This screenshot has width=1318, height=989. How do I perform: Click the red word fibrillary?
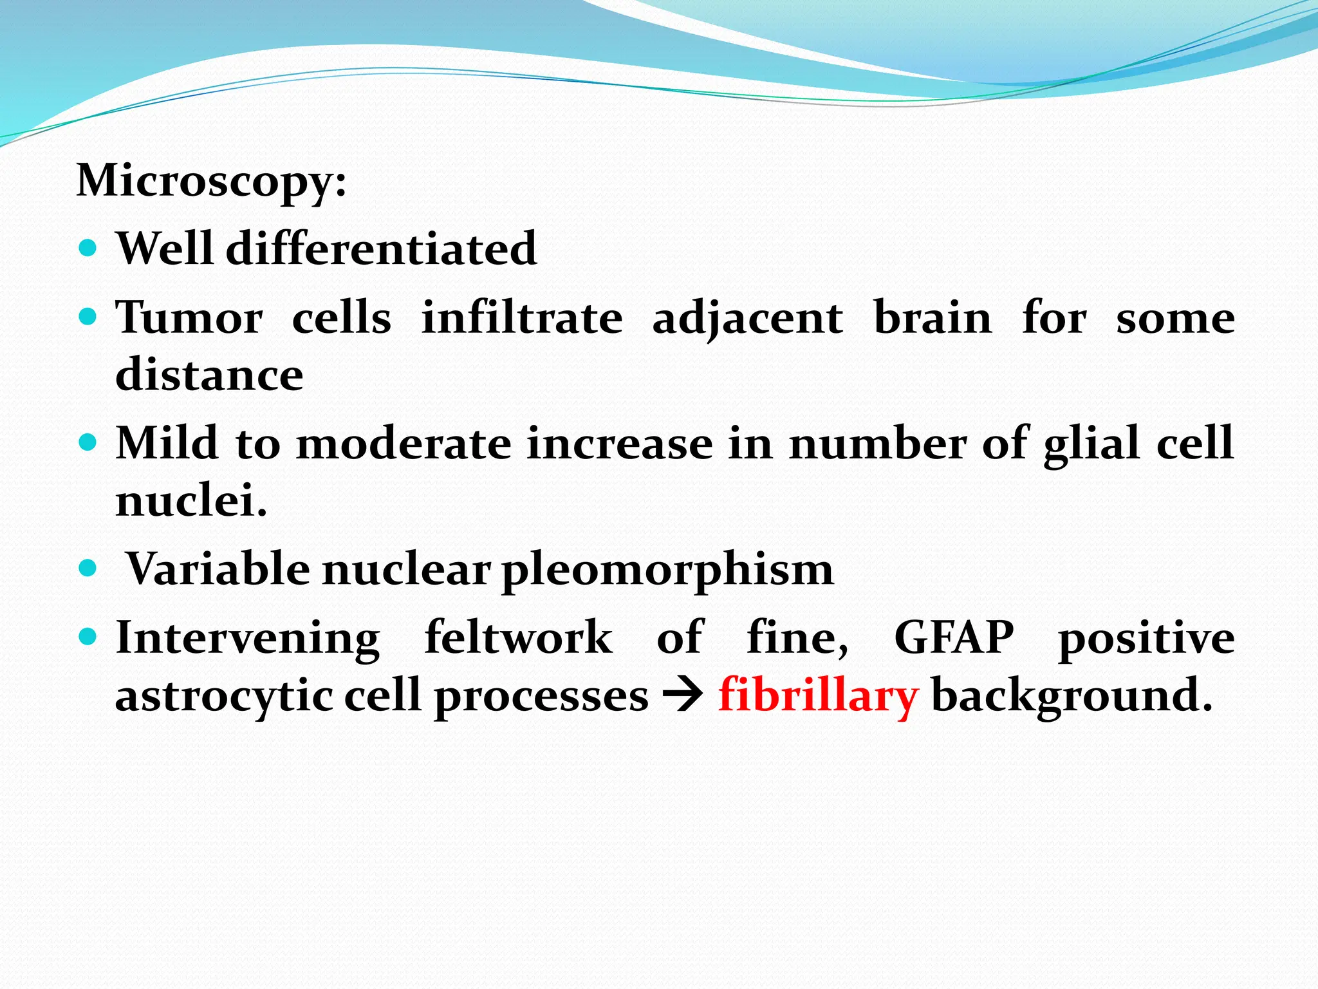(x=818, y=696)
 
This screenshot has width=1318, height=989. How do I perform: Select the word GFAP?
(x=953, y=637)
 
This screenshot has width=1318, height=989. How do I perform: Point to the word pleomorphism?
(x=667, y=570)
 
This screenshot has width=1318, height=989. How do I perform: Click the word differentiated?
(x=381, y=249)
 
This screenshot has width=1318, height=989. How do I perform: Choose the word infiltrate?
(x=521, y=318)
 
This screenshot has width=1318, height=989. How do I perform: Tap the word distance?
(x=209, y=375)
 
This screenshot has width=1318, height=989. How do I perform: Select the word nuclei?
(x=190, y=501)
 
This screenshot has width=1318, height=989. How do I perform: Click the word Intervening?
(x=248, y=638)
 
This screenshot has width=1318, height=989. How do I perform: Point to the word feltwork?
(x=518, y=637)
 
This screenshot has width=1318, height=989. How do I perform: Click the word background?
(x=1071, y=696)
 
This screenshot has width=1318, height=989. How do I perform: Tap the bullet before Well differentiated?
(x=88, y=248)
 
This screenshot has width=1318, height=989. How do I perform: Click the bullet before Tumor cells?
(x=88, y=317)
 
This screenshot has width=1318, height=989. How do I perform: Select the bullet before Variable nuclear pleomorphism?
(x=88, y=569)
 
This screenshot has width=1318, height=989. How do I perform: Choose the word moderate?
(x=404, y=444)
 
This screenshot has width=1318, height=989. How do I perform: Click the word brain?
(x=933, y=318)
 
